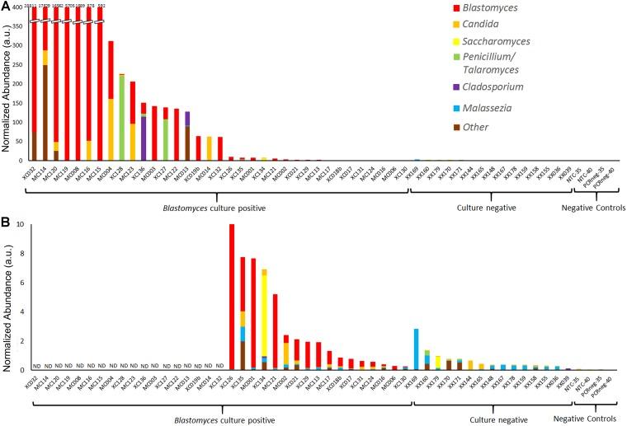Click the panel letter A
6,7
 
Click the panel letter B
6,222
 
